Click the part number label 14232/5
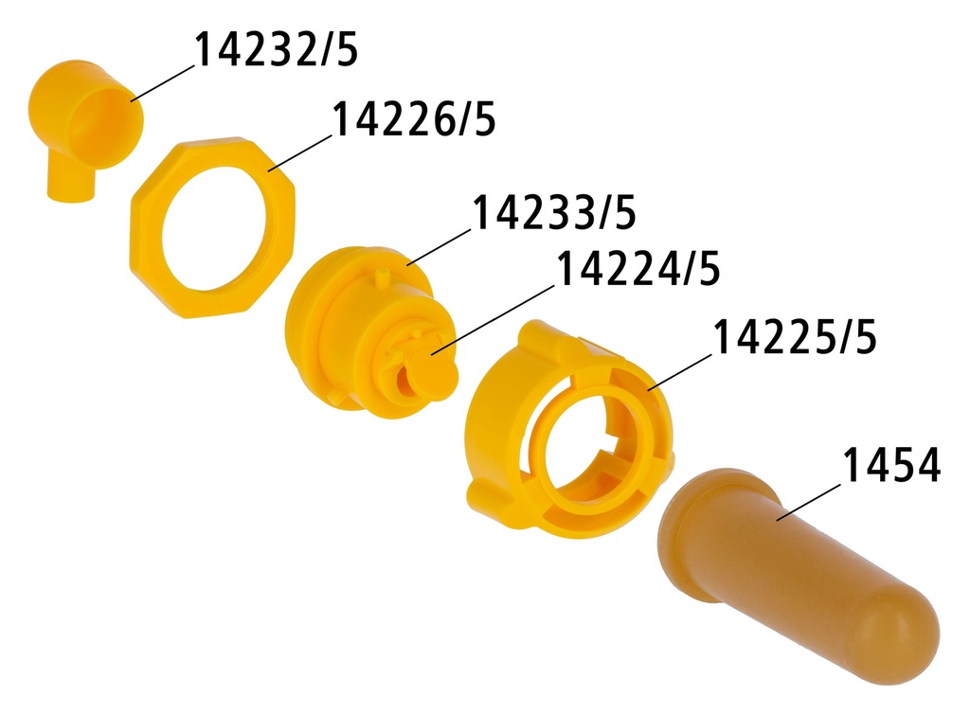tap(277, 49)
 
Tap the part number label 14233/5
tap(553, 213)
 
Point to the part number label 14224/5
tap(638, 270)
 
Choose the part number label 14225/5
tap(794, 338)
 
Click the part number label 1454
tap(890, 467)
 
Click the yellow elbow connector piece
tap(84, 123)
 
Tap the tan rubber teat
tap(796, 568)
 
